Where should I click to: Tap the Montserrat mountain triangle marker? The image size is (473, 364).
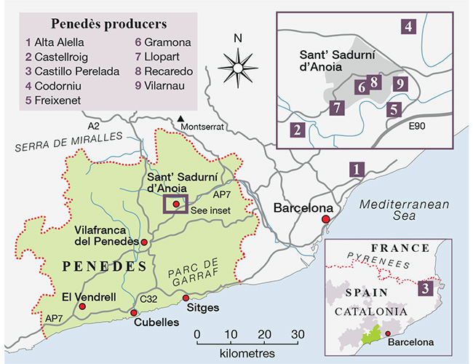click(x=180, y=117)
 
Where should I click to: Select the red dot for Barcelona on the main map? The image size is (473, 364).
click(x=326, y=218)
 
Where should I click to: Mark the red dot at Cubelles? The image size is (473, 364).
click(x=134, y=313)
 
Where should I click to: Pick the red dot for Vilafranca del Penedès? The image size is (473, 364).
click(x=144, y=242)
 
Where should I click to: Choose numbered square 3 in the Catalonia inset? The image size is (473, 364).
click(x=428, y=288)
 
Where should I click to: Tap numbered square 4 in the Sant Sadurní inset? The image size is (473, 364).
click(x=408, y=28)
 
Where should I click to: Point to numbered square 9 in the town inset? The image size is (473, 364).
click(x=398, y=84)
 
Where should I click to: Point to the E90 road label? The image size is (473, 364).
click(x=417, y=128)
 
